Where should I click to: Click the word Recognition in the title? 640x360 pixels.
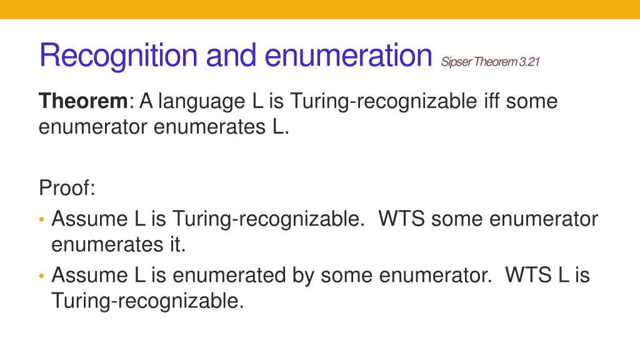tap(119, 56)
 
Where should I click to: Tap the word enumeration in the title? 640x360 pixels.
tap(348, 56)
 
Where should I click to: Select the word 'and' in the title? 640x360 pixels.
tap(231, 56)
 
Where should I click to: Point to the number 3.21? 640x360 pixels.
tap(529, 61)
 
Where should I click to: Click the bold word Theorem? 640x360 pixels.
tap(83, 101)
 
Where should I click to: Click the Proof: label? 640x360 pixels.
tap(67, 187)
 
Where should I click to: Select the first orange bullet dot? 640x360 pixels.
tap(42, 219)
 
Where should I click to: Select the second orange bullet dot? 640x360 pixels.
tap(42, 275)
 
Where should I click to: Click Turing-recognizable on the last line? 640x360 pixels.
tap(147, 301)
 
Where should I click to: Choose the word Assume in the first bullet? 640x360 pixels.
tap(89, 219)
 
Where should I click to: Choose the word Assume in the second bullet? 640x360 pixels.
tap(89, 275)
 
